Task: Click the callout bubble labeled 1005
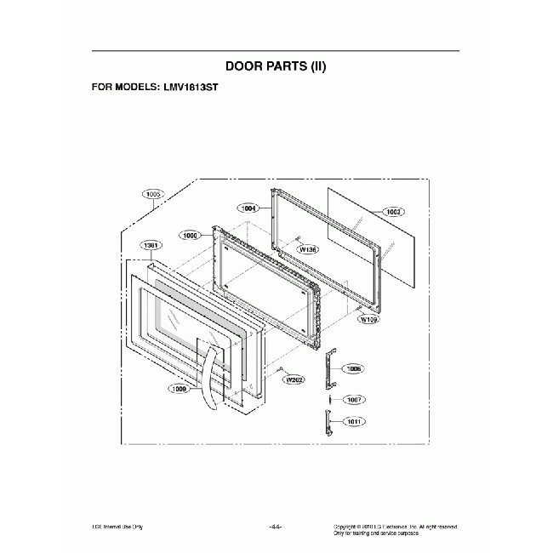[154, 194]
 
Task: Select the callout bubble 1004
[249, 208]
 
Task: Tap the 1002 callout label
[393, 211]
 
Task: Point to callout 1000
[190, 234]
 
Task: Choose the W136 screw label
[308, 250]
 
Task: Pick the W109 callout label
[368, 320]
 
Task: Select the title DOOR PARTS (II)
[276, 66]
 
